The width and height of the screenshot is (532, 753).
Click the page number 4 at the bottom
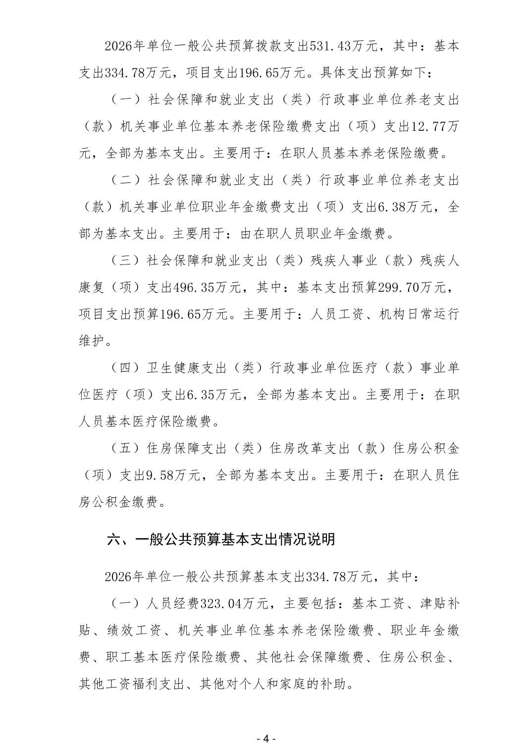[266, 738]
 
